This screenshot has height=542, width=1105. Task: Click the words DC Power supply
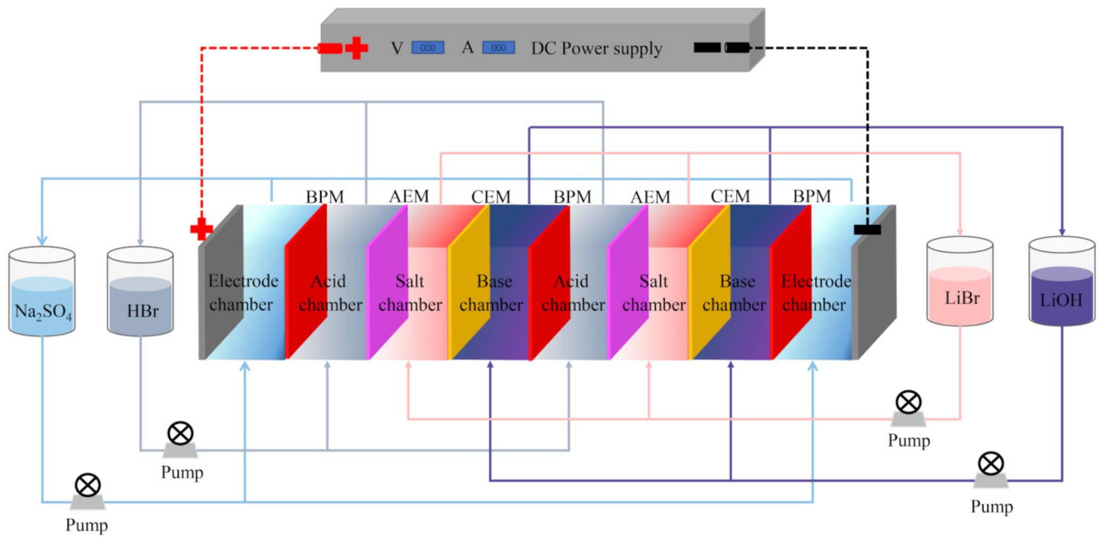click(597, 48)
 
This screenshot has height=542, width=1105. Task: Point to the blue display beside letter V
click(428, 48)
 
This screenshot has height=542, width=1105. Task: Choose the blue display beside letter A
click(498, 48)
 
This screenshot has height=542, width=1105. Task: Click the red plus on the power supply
click(356, 48)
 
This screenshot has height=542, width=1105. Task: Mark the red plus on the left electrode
click(202, 229)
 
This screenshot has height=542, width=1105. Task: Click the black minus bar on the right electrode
click(867, 229)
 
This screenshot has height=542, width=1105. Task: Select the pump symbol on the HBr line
click(180, 434)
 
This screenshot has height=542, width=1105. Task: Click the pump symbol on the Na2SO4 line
click(88, 485)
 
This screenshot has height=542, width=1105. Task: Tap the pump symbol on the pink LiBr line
click(908, 402)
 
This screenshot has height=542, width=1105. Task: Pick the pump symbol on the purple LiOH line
click(990, 464)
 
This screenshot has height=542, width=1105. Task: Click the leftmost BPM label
click(325, 196)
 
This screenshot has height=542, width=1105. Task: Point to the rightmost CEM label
click(730, 196)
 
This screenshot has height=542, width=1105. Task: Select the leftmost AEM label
click(408, 196)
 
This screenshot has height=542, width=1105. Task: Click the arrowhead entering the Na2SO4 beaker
click(42, 240)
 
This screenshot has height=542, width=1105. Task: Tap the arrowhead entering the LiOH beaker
click(1062, 232)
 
